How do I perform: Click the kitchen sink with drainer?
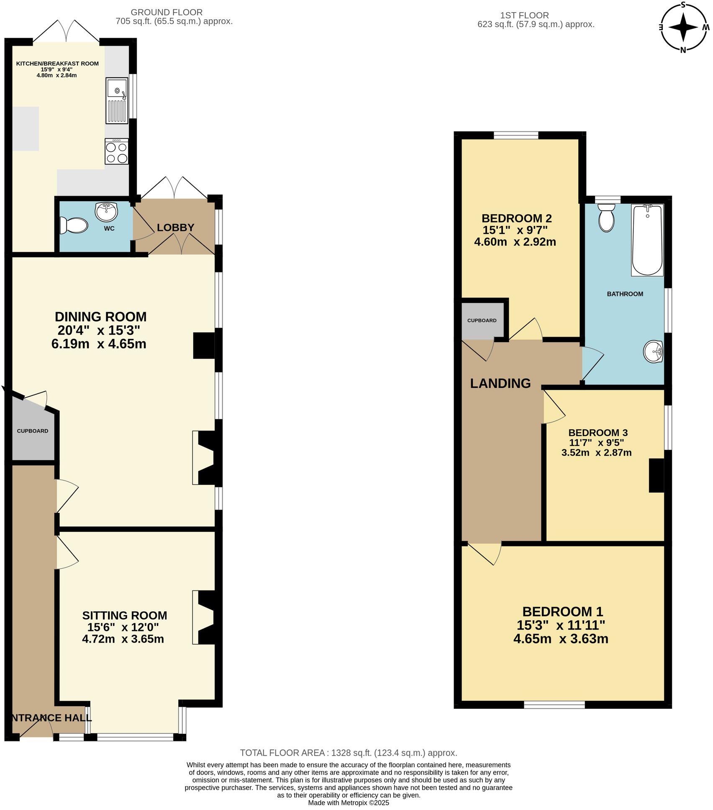[x=117, y=100]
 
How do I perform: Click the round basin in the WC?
[x=106, y=211]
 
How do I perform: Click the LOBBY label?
[x=175, y=228]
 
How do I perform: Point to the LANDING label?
[x=500, y=383]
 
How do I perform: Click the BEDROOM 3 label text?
[x=598, y=433]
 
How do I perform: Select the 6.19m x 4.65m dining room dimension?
[x=99, y=344]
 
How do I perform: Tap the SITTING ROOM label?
[x=124, y=615]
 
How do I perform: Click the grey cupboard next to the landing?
[x=482, y=320]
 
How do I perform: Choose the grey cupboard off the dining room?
[x=32, y=431]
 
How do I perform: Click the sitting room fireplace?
[x=205, y=617]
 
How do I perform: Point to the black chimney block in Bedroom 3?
[x=656, y=475]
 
